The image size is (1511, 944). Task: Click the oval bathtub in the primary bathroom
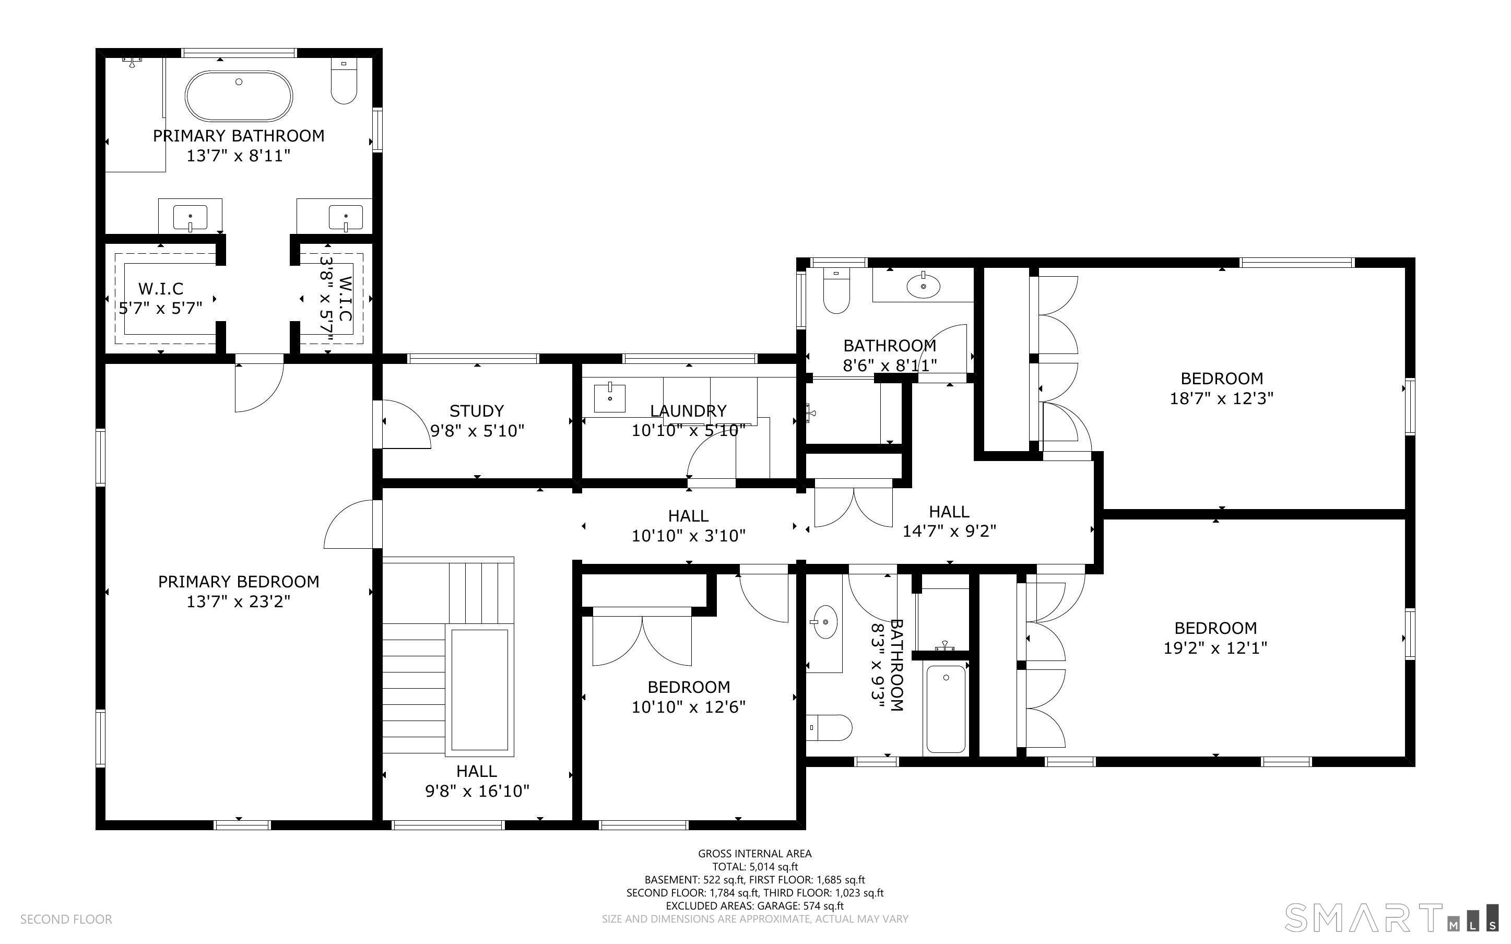tap(239, 96)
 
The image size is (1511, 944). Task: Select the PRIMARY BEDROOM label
tap(239, 581)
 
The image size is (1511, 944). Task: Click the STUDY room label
tap(477, 411)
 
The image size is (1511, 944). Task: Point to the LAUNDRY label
tap(688, 411)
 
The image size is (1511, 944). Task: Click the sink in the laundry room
tap(609, 398)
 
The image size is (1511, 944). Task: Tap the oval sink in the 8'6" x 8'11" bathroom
tap(923, 287)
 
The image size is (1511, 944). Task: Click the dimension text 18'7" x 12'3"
tap(1221, 398)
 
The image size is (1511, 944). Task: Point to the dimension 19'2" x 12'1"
tap(1215, 647)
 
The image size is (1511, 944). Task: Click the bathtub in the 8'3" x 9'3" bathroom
tap(946, 709)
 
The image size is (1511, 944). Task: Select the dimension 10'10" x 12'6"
tap(688, 707)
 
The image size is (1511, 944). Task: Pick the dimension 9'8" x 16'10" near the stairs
tap(477, 791)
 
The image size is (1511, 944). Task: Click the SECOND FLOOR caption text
tap(66, 919)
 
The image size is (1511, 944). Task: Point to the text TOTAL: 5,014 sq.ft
tap(754, 867)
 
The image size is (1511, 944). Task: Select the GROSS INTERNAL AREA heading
tap(754, 854)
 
